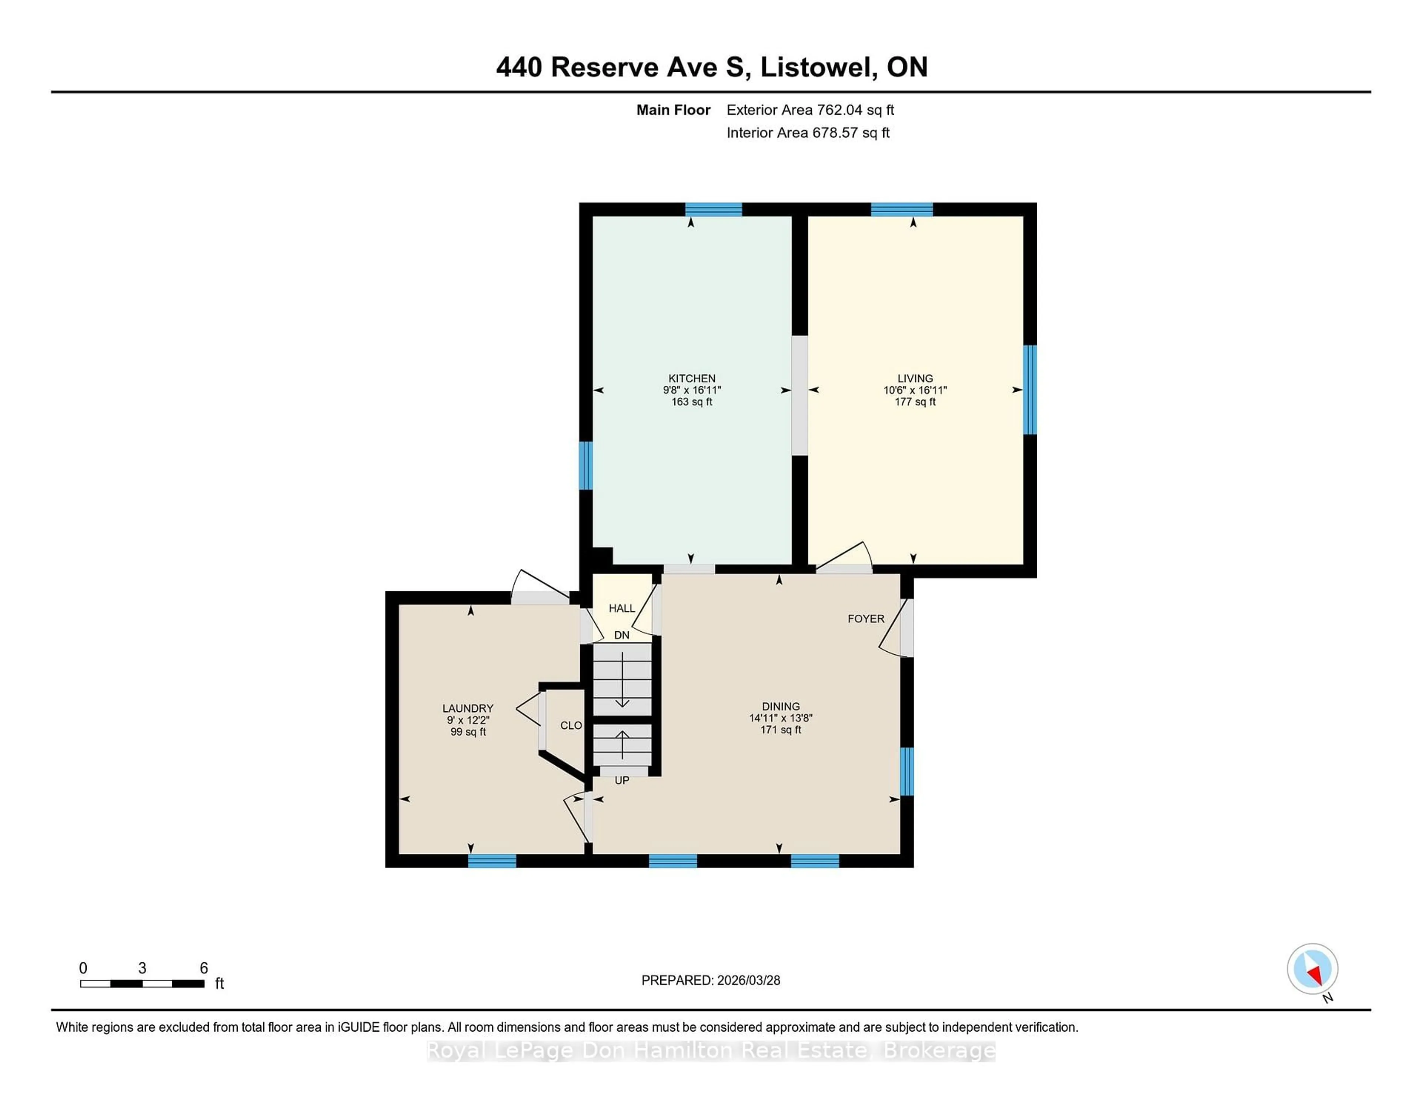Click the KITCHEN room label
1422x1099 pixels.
coord(691,378)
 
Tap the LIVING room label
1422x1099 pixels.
coord(915,378)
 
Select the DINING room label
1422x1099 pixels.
coord(781,706)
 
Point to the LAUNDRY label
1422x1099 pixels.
coord(467,708)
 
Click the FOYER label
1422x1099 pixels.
coord(866,618)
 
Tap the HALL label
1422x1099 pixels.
coord(621,608)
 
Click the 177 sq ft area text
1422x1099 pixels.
coord(915,402)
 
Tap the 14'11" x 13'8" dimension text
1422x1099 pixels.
coord(781,718)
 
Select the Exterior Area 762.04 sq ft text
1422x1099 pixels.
coord(810,110)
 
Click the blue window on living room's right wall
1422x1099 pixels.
coord(1029,389)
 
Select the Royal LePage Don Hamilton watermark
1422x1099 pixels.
coord(710,1051)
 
